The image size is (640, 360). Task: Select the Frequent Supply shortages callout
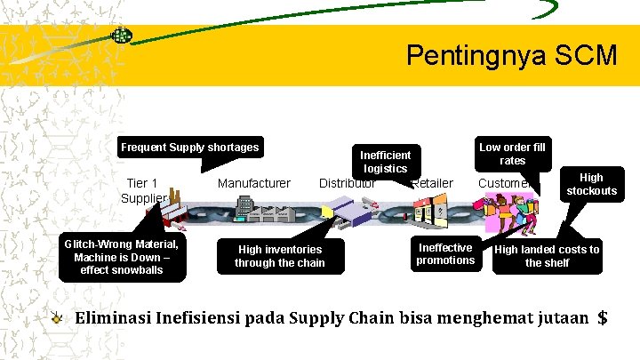[190, 148]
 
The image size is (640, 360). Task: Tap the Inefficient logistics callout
[385, 161]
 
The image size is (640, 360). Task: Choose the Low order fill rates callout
[512, 153]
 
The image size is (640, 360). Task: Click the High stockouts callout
[591, 184]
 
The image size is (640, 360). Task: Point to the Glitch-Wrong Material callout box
[121, 257]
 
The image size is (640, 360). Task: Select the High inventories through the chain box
[280, 256]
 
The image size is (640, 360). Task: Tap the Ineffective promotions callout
[445, 253]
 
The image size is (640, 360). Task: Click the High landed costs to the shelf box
[547, 255]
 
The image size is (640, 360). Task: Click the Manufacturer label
[254, 183]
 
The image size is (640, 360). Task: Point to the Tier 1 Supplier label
[142, 190]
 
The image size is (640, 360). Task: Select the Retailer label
[433, 183]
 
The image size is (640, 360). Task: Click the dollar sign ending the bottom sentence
[603, 317]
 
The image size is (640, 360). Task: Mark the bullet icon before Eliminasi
[57, 317]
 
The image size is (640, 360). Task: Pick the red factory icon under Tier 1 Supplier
[172, 206]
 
